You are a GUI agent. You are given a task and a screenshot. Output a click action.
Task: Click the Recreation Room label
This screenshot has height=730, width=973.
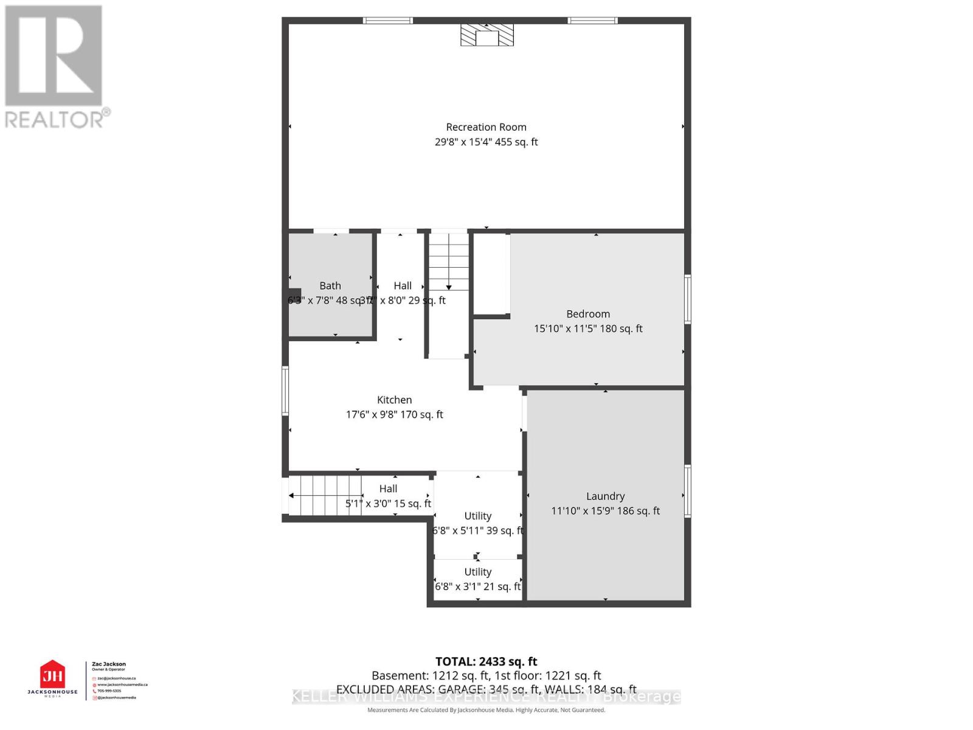(486, 127)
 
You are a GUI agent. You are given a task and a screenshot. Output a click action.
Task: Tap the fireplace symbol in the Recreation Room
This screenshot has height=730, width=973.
(486, 35)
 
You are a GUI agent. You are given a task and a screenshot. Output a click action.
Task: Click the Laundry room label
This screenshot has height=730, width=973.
(605, 496)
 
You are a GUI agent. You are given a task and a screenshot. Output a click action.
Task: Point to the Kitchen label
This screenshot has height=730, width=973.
(394, 400)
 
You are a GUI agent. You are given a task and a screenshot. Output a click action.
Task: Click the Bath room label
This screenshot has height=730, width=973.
(330, 286)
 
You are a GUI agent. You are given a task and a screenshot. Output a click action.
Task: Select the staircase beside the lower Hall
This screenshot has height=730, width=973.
(325, 495)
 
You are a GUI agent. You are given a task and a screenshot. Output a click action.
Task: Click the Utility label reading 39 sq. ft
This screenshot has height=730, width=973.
(477, 516)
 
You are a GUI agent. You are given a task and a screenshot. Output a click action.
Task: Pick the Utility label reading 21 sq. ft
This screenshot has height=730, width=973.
(477, 572)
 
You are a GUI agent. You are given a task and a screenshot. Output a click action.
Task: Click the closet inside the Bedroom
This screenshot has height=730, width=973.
(491, 274)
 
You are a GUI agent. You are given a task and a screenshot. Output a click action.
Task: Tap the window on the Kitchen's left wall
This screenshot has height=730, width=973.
(285, 391)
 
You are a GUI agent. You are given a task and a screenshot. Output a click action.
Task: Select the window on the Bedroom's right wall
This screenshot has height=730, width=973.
(688, 299)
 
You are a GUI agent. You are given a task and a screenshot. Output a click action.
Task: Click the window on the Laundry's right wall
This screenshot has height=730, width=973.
(688, 491)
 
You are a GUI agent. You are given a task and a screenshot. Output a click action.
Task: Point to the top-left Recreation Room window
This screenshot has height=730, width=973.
(388, 21)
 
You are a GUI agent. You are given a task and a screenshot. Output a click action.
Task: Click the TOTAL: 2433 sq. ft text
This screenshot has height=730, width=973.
(486, 661)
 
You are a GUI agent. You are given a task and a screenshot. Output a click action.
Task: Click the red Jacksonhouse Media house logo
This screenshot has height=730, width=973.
(52, 675)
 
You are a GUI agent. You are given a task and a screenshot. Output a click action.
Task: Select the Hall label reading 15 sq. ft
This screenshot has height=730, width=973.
(388, 488)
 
